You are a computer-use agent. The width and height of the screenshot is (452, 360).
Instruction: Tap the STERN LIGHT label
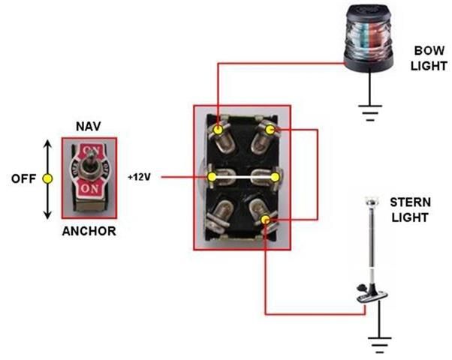(x=409, y=210)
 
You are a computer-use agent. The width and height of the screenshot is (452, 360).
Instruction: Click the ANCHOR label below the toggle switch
(x=89, y=231)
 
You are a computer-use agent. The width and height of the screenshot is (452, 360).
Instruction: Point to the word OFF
(x=23, y=179)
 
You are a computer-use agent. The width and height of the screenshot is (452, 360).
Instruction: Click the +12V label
(x=140, y=178)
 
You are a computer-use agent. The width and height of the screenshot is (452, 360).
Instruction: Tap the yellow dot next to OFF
(x=48, y=179)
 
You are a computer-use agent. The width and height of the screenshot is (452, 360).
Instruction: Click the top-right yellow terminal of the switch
(x=270, y=130)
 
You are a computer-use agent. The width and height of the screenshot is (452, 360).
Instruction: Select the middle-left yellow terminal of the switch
(x=212, y=177)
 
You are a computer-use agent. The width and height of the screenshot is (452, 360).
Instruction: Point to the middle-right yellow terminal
(x=276, y=177)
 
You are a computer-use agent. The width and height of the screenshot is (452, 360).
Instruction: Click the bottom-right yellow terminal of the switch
(x=267, y=220)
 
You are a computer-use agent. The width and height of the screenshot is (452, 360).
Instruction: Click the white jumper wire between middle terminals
(x=244, y=177)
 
